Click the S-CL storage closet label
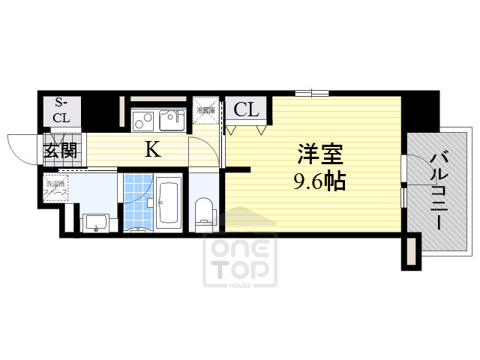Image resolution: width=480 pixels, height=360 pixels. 61,111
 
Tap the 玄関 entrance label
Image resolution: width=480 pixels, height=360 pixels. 60,150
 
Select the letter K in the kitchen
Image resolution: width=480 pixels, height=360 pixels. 152,149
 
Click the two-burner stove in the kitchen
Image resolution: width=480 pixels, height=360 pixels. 143,118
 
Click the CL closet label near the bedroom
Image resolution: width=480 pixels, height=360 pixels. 246,110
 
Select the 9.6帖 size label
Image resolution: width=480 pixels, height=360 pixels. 319,181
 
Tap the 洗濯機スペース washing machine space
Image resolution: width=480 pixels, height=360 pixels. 56,187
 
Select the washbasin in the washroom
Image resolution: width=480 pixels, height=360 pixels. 96,223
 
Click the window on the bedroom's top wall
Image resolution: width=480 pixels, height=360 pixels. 311,93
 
